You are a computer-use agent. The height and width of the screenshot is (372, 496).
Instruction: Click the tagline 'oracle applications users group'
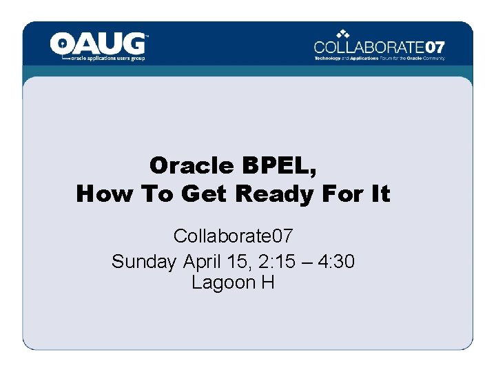tap(109, 59)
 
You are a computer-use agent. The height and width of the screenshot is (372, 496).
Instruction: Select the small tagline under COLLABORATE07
tap(380, 59)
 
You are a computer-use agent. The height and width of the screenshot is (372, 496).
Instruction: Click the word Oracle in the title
tap(192, 165)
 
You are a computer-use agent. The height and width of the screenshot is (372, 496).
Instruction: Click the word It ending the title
tap(380, 194)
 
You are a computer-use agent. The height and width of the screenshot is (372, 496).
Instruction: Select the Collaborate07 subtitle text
tap(233, 236)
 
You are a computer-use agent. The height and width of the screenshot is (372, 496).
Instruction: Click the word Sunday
tap(144, 261)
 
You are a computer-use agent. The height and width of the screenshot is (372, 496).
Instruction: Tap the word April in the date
tap(204, 261)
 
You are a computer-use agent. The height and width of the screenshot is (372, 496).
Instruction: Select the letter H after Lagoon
tap(268, 282)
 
